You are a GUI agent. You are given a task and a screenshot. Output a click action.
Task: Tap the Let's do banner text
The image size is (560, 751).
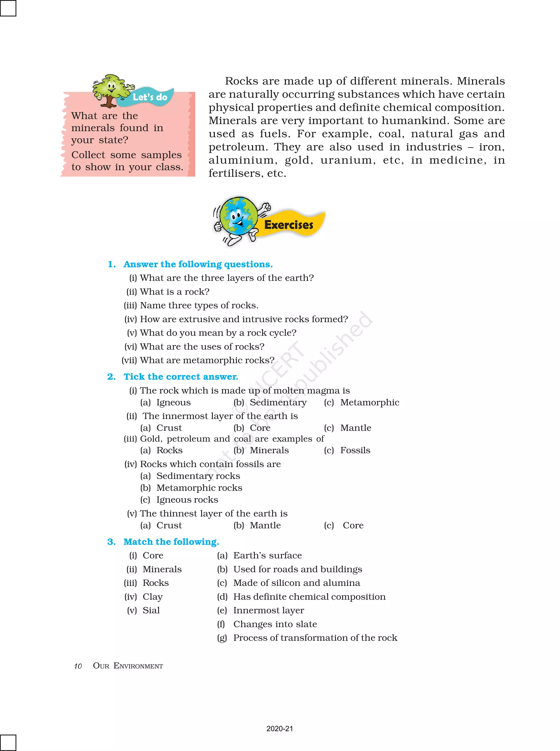point(150,97)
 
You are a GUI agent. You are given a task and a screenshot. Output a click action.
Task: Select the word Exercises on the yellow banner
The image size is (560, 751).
point(288,225)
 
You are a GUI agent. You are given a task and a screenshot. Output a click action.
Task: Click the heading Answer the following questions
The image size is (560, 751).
point(198,264)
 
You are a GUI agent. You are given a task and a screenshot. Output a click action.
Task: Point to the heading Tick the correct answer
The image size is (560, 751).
point(181,376)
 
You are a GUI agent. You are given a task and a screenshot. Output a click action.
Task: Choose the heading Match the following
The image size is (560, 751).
point(171,542)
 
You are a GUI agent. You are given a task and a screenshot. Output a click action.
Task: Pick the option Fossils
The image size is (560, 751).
point(355,450)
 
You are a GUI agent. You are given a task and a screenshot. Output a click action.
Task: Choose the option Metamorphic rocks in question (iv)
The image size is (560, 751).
point(199,488)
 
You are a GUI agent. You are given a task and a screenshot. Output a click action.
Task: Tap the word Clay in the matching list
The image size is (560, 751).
point(153,597)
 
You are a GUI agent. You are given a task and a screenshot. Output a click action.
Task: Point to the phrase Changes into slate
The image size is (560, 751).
point(275,624)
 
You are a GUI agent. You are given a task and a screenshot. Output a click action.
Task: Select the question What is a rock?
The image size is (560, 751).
point(174,291)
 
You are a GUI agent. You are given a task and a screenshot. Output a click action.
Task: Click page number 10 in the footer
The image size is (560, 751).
point(78,666)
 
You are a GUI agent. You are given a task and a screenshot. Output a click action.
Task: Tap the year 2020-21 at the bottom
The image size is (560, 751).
point(279,729)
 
